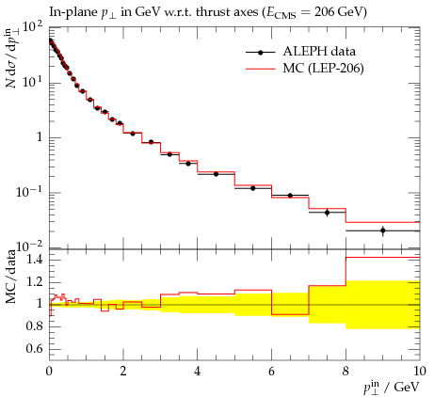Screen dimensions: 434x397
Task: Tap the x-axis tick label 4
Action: coord(198,371)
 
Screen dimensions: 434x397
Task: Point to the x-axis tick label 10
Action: coord(419,371)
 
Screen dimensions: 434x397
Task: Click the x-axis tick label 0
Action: coord(49,371)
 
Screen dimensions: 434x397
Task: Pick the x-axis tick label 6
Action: coord(271,371)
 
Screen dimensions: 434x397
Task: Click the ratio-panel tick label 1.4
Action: coord(34,260)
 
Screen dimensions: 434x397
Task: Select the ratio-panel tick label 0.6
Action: coord(34,348)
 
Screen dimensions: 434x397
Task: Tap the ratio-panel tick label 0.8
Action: coord(34,326)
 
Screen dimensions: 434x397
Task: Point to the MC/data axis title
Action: coord(11,277)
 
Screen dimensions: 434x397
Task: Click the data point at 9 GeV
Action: coord(382,230)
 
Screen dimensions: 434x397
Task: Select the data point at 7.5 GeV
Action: coord(327,213)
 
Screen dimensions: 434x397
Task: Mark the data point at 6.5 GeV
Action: coord(290,196)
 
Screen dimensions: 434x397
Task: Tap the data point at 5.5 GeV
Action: coord(253,188)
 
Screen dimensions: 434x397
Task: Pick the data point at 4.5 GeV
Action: coord(216,174)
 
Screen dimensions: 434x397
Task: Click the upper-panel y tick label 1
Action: coord(40,137)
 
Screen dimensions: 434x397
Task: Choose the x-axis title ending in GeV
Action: coord(391,388)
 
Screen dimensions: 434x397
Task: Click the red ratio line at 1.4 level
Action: coord(382,258)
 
